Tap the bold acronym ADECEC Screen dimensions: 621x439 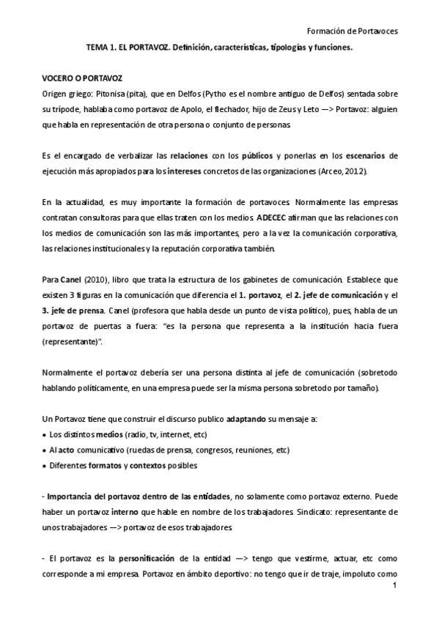point(274,219)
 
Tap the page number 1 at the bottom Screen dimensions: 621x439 point(394,587)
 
